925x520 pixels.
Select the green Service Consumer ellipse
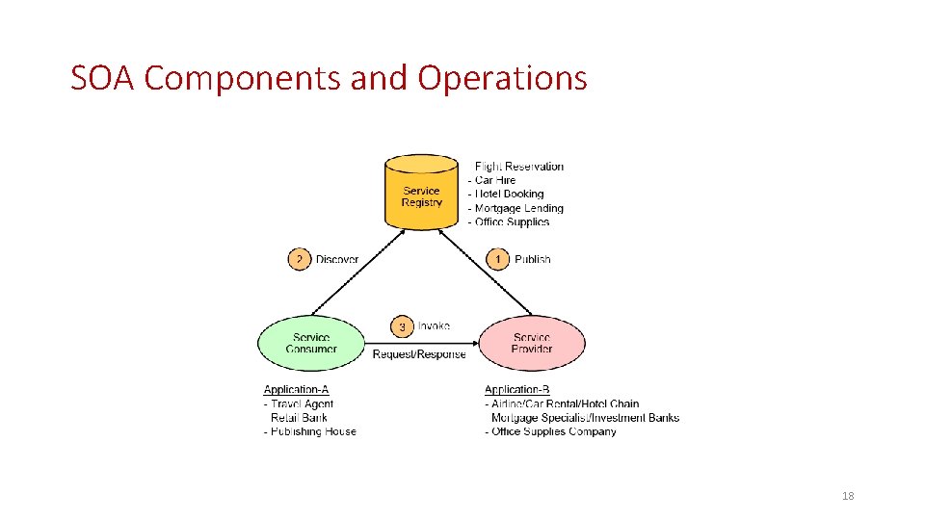pos(310,343)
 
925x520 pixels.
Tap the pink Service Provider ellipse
pos(532,343)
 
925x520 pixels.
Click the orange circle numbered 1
pos(498,259)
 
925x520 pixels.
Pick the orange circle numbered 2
pos(300,259)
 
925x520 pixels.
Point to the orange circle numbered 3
pos(402,327)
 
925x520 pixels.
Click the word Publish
pos(533,259)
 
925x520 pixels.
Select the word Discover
pos(337,259)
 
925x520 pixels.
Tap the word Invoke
pos(434,326)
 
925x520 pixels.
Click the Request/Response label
pos(419,354)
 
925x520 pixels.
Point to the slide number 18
pos(848,496)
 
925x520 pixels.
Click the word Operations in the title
pos(502,78)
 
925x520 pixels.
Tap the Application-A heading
pos(296,390)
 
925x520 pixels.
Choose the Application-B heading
pos(517,390)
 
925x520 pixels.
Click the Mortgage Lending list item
pos(518,208)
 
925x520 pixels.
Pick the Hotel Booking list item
pos(509,194)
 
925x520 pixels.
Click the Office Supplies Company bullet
pos(553,431)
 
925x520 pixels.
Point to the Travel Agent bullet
pos(302,403)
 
